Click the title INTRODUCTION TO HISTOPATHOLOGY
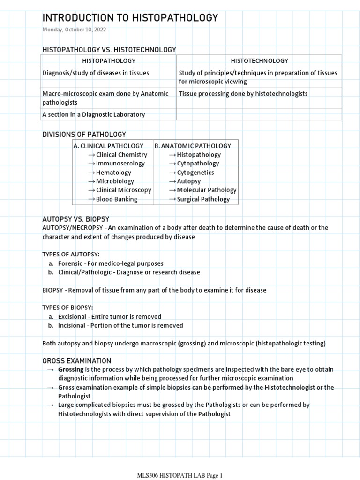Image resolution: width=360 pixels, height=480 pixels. point(130,18)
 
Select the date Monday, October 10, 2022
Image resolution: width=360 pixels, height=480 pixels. point(74,30)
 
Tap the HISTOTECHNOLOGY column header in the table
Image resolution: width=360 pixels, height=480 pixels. point(259,60)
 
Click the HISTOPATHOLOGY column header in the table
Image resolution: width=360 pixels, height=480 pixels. point(109,60)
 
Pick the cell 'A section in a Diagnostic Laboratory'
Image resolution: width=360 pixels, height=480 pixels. point(94,114)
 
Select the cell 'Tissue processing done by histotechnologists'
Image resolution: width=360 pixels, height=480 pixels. point(243,93)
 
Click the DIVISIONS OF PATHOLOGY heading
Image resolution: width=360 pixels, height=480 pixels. point(84,135)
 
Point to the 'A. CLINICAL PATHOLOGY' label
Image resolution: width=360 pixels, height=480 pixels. point(109,146)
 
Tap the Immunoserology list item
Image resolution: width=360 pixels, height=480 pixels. point(120,164)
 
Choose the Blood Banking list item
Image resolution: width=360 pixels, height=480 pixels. point(117,199)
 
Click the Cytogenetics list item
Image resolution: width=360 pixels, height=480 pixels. point(195,172)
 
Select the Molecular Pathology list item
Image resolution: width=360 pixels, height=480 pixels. point(207,190)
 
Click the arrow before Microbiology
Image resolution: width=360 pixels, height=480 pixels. point(91,181)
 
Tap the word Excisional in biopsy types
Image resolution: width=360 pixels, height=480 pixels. point(73,316)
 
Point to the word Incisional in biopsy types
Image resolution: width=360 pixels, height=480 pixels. point(72,325)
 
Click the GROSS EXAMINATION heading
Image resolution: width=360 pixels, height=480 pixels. point(77,360)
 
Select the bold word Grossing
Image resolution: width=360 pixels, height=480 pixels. point(71,370)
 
